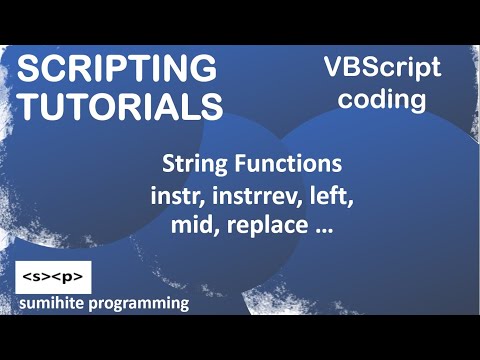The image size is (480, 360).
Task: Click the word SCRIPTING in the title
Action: point(118,70)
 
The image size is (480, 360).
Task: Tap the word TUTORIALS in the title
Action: point(121,105)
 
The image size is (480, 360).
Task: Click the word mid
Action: point(183,226)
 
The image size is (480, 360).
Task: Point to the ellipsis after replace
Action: point(323,230)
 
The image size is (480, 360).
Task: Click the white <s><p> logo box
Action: point(55,275)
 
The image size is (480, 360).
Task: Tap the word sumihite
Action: point(61,303)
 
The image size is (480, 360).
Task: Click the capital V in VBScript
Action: point(331,68)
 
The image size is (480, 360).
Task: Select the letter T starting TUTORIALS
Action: point(29,105)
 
